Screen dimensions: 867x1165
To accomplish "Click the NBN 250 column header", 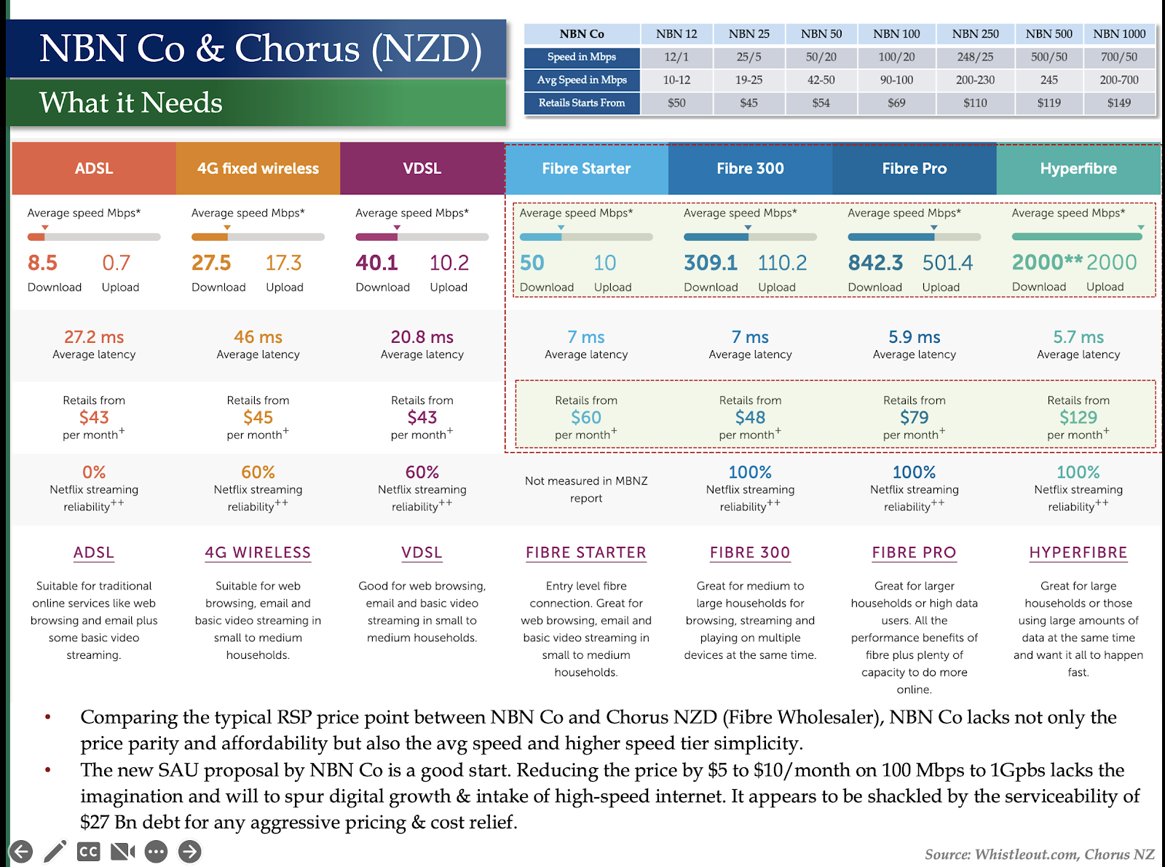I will [975, 33].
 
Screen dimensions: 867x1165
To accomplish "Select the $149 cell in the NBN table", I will [1118, 103].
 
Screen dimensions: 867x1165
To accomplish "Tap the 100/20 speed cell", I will [896, 57].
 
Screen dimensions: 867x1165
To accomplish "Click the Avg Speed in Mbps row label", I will [582, 80].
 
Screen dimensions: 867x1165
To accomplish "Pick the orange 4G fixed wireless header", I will [258, 168].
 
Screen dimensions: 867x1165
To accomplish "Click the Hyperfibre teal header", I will [1078, 168].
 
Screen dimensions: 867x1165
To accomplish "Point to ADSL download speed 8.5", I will [43, 263].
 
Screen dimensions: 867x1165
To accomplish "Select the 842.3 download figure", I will [875, 263].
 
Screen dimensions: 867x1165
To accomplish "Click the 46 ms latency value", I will [258, 337].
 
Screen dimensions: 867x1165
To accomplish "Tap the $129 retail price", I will [1078, 417].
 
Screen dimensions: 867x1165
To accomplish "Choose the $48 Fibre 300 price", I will [750, 417].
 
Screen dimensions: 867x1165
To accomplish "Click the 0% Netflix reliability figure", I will [94, 472].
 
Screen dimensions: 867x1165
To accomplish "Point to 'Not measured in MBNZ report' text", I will [586, 489].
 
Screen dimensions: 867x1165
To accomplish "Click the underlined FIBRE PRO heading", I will [914, 553].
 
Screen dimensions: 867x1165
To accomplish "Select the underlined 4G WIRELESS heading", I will [258, 553].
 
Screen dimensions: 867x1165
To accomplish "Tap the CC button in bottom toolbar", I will [88, 851].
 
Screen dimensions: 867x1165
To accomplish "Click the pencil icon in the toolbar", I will [55, 851].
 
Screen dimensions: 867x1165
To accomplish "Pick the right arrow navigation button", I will [189, 851].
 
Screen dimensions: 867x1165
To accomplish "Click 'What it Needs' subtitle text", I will [131, 103].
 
